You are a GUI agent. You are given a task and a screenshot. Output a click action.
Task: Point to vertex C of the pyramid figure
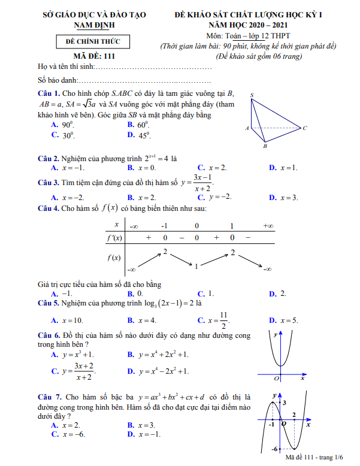305,128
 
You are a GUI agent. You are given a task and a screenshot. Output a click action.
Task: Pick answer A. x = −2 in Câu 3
68,197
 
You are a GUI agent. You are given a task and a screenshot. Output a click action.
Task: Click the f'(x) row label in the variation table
114,238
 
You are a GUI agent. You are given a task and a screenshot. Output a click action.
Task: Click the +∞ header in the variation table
268,226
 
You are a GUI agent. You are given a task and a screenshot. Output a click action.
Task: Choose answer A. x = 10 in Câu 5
68,320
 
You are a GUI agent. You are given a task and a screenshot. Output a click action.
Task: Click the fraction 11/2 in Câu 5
223,320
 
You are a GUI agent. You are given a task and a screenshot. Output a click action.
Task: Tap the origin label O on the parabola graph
276,379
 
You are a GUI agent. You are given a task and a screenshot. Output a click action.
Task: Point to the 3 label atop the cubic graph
285,403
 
